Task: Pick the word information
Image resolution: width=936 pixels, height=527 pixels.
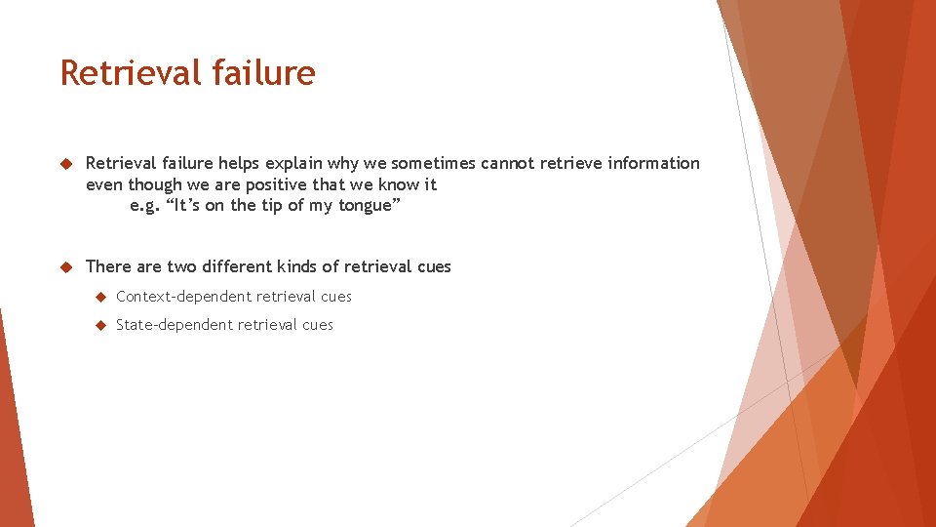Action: [x=653, y=163]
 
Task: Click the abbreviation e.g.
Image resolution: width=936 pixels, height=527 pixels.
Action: [x=142, y=206]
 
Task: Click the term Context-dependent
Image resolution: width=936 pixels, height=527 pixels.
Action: [x=185, y=297]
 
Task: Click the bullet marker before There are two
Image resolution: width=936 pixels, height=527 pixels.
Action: [x=67, y=266]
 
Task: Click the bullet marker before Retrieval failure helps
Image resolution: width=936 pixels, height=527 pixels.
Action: [x=67, y=163]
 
